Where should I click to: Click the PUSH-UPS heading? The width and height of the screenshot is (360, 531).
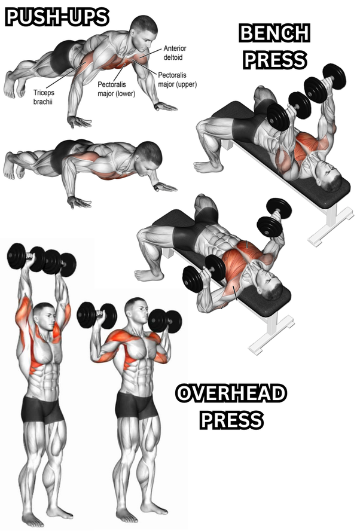pos(57,17)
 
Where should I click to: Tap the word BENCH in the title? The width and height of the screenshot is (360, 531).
pos(274,33)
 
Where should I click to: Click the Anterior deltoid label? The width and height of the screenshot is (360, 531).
pos(175,53)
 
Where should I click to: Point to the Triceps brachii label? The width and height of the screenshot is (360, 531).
pos(44,97)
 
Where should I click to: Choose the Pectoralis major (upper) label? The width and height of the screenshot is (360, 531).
pos(177,80)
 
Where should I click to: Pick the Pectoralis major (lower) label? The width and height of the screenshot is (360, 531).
pos(116,89)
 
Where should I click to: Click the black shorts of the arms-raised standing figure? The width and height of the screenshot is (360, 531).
pos(42,410)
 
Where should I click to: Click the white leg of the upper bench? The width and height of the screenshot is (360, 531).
pos(330,225)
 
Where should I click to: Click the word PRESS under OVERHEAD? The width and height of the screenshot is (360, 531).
pos(231,420)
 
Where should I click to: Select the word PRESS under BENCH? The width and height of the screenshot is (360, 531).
pos(275,60)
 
